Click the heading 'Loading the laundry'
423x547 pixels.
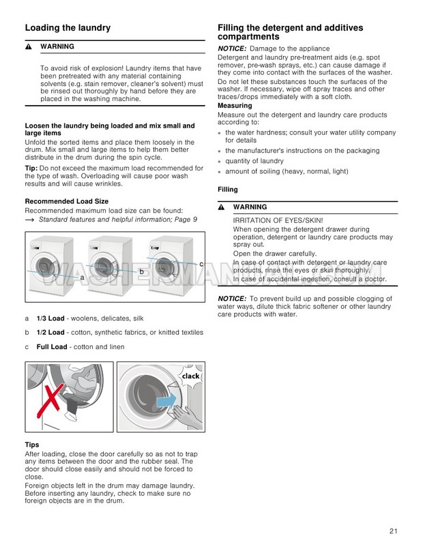coord(68,28)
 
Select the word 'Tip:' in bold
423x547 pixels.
coord(31,168)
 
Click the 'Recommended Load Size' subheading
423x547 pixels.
coord(66,201)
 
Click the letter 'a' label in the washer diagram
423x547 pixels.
coord(82,278)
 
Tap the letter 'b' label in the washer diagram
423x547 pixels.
coord(141,271)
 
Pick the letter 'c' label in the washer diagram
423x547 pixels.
coord(201,263)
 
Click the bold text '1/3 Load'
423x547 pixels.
coord(50,319)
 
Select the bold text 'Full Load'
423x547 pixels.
coord(52,346)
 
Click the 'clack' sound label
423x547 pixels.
coord(190,376)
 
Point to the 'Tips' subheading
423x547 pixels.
coord(31,445)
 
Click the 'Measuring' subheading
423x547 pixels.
coord(235,106)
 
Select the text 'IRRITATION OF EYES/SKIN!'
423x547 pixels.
coord(278,220)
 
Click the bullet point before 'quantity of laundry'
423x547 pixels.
coord(221,162)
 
